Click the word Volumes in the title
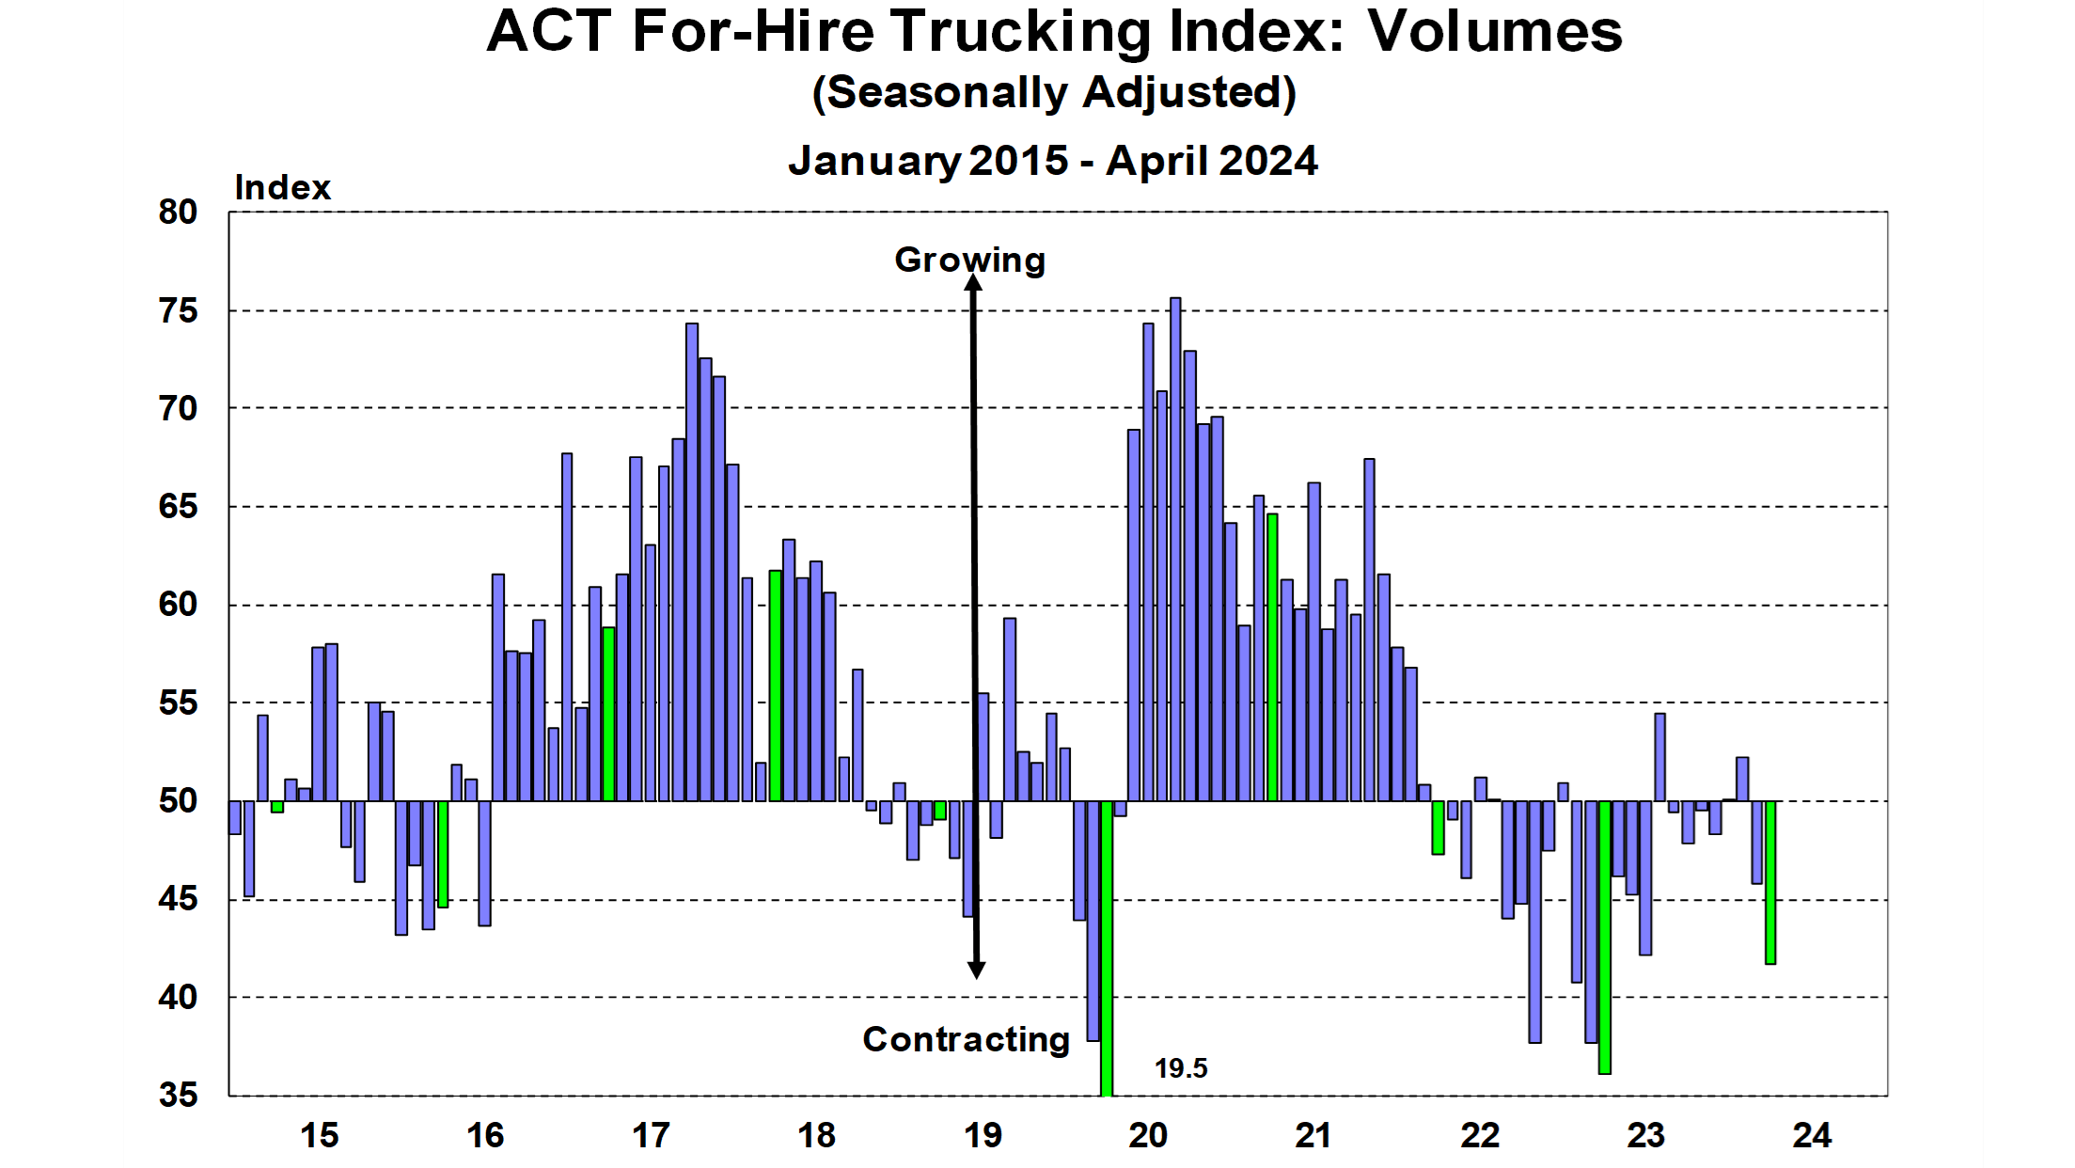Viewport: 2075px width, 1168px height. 1495,32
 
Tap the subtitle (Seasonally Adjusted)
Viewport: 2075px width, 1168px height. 1054,93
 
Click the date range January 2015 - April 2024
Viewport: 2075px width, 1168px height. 1053,161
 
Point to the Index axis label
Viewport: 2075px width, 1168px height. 282,188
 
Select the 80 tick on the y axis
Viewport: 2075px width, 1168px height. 178,213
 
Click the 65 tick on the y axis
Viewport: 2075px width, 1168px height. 178,507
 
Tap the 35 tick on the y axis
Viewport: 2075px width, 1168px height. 178,1095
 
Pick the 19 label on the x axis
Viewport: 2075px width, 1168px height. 982,1136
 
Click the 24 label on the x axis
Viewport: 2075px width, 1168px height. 1812,1136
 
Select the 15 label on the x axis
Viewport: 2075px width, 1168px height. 319,1136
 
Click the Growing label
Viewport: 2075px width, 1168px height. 969,260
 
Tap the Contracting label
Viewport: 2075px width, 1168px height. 967,1039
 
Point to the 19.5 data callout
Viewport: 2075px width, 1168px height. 1181,1068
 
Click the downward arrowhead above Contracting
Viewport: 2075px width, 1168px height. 977,970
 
